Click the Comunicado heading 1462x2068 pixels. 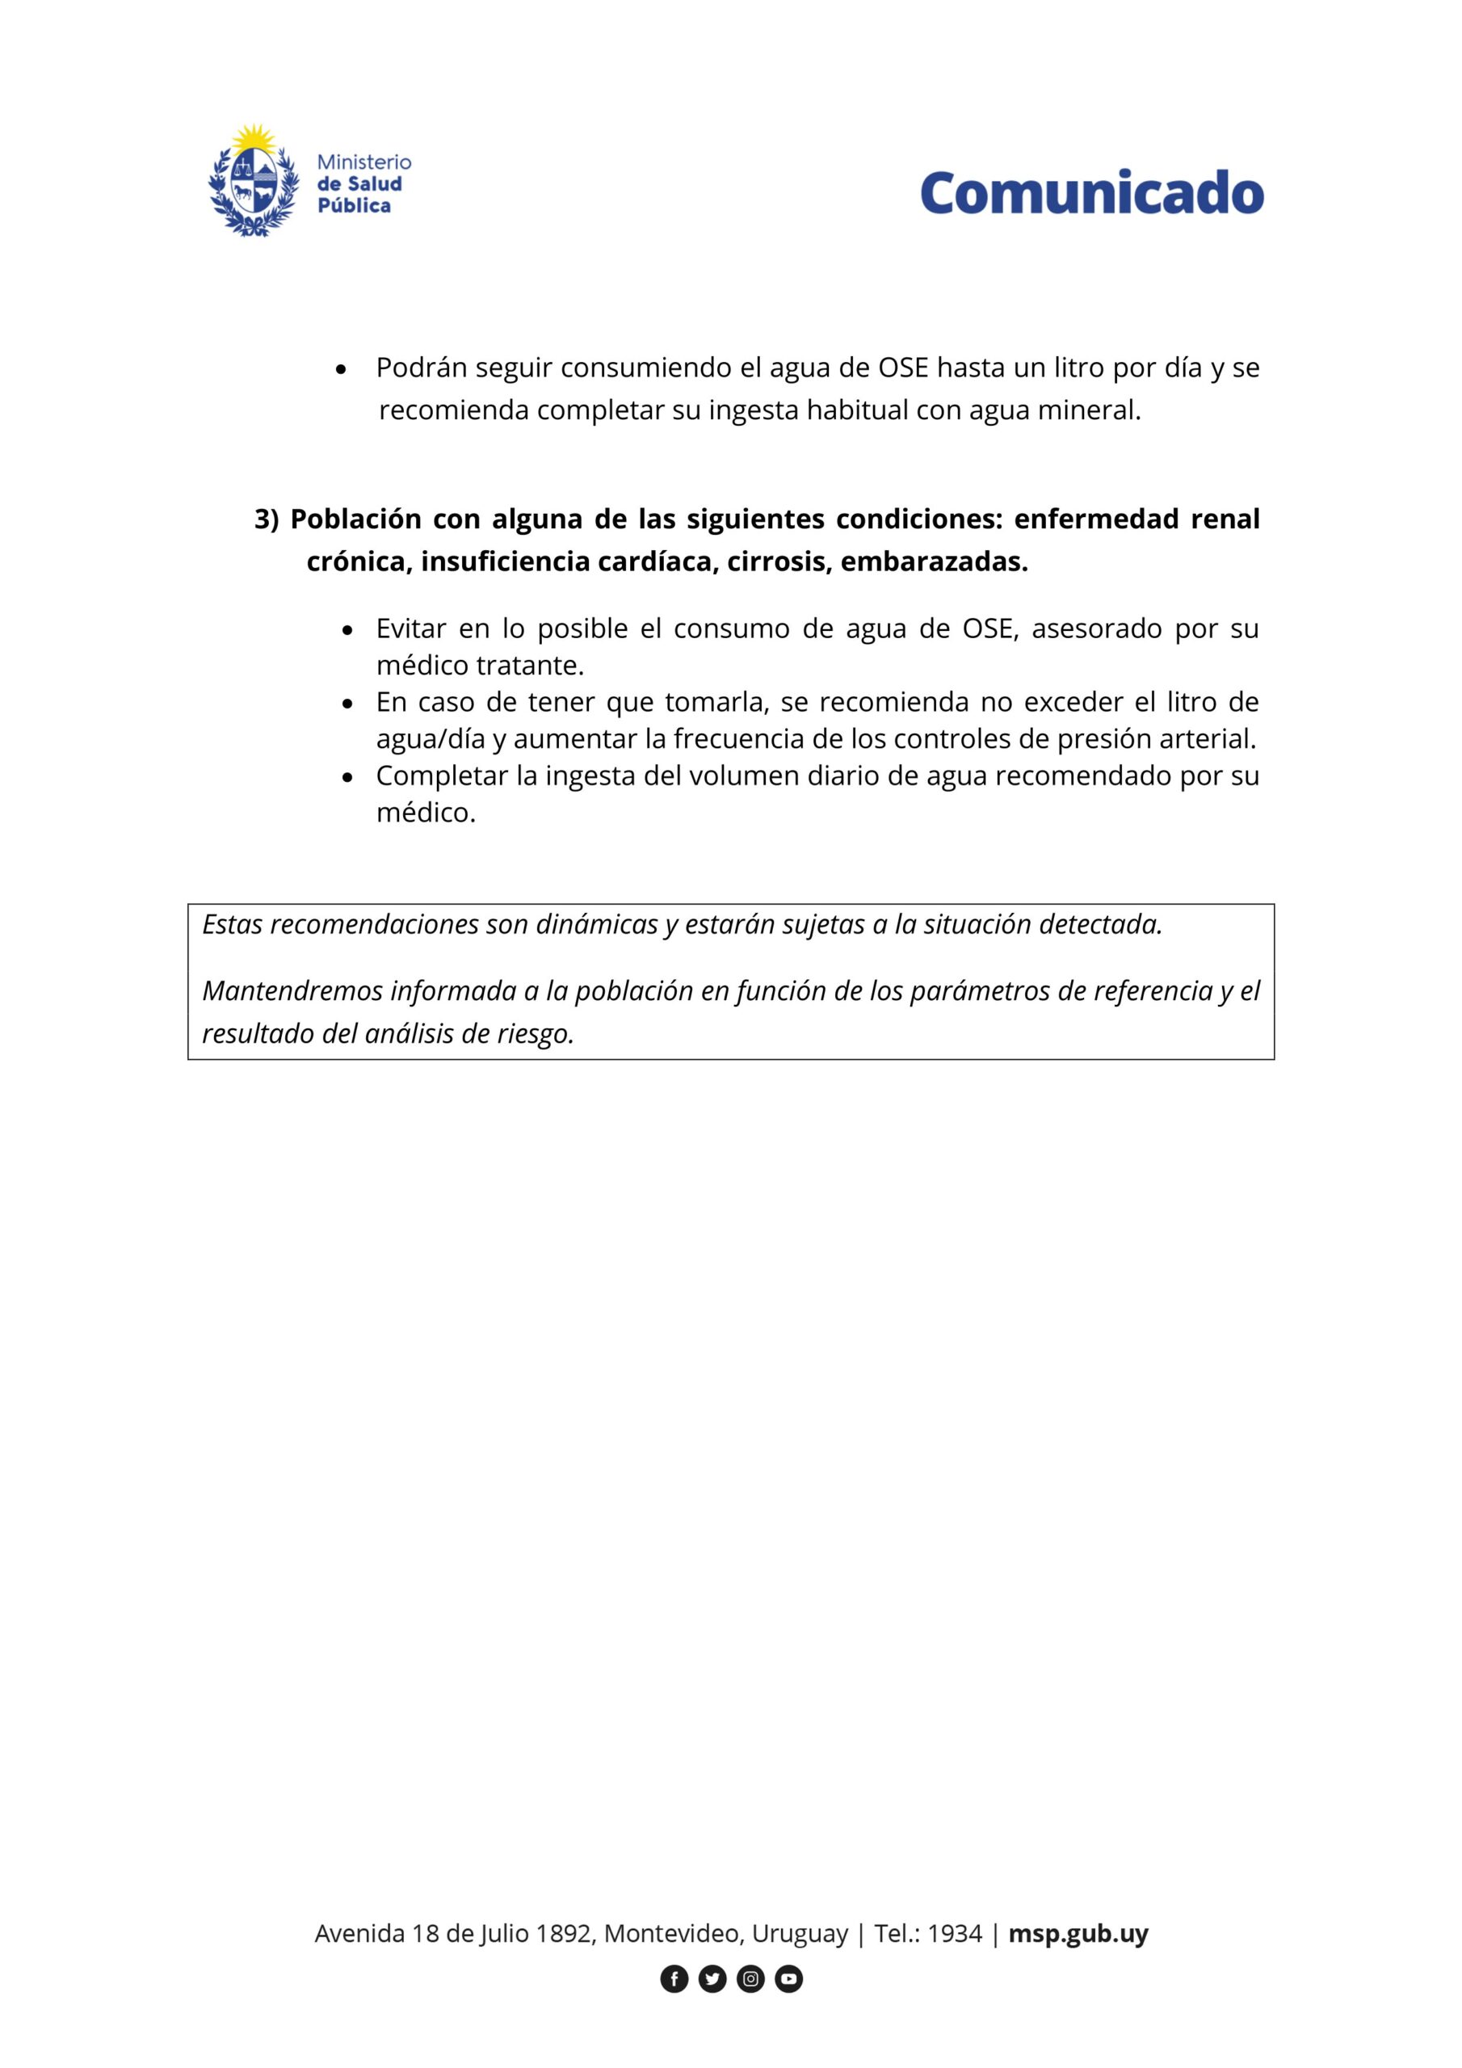[x=1091, y=193]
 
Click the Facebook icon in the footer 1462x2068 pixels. [x=674, y=1979]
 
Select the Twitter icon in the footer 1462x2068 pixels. [x=712, y=1979]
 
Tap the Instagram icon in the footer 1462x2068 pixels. [x=750, y=1979]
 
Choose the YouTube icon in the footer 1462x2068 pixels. [x=788, y=1979]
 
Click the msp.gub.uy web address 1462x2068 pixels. [x=1078, y=1934]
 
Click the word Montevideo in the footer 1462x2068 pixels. [x=672, y=1934]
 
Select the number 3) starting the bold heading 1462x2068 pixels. [x=267, y=519]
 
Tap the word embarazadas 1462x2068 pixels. [x=933, y=562]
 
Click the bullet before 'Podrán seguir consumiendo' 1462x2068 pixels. [x=341, y=369]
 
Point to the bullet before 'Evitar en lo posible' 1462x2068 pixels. [x=347, y=630]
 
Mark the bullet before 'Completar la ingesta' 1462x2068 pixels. [x=347, y=777]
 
